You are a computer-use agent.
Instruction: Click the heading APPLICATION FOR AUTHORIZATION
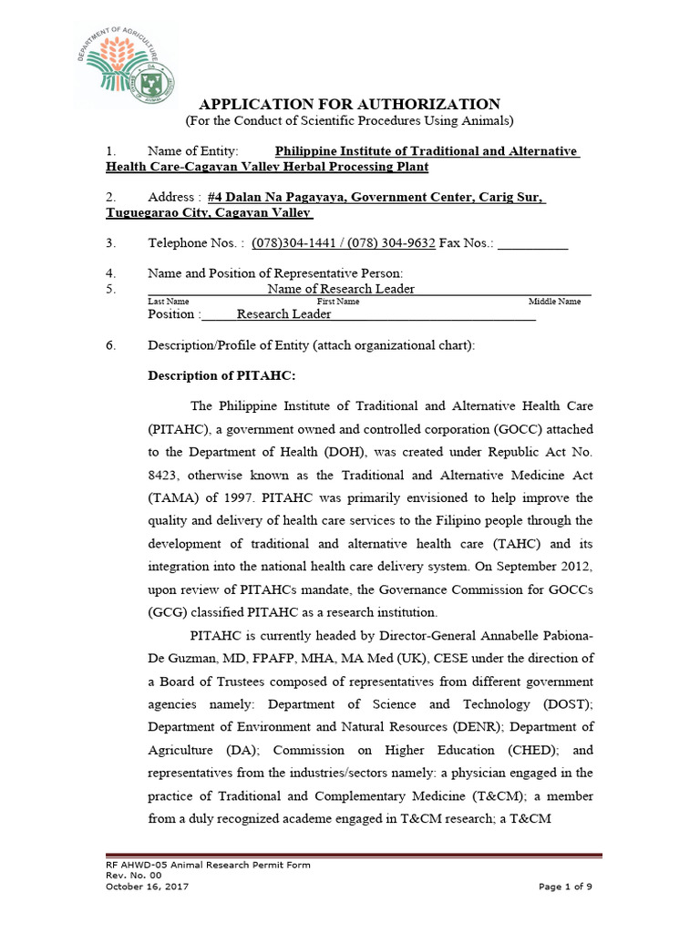pyautogui.click(x=350, y=104)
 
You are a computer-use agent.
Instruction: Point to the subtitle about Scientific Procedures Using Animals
pyautogui.click(x=350, y=121)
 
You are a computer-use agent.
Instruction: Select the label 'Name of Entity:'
pyautogui.click(x=193, y=151)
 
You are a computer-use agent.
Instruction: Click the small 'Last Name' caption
pyautogui.click(x=169, y=302)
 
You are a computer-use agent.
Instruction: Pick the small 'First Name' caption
pyautogui.click(x=338, y=302)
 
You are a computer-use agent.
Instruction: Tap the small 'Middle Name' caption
pyautogui.click(x=554, y=302)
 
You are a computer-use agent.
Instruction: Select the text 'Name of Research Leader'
pyautogui.click(x=341, y=289)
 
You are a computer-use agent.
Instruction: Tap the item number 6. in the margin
pyautogui.click(x=111, y=346)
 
